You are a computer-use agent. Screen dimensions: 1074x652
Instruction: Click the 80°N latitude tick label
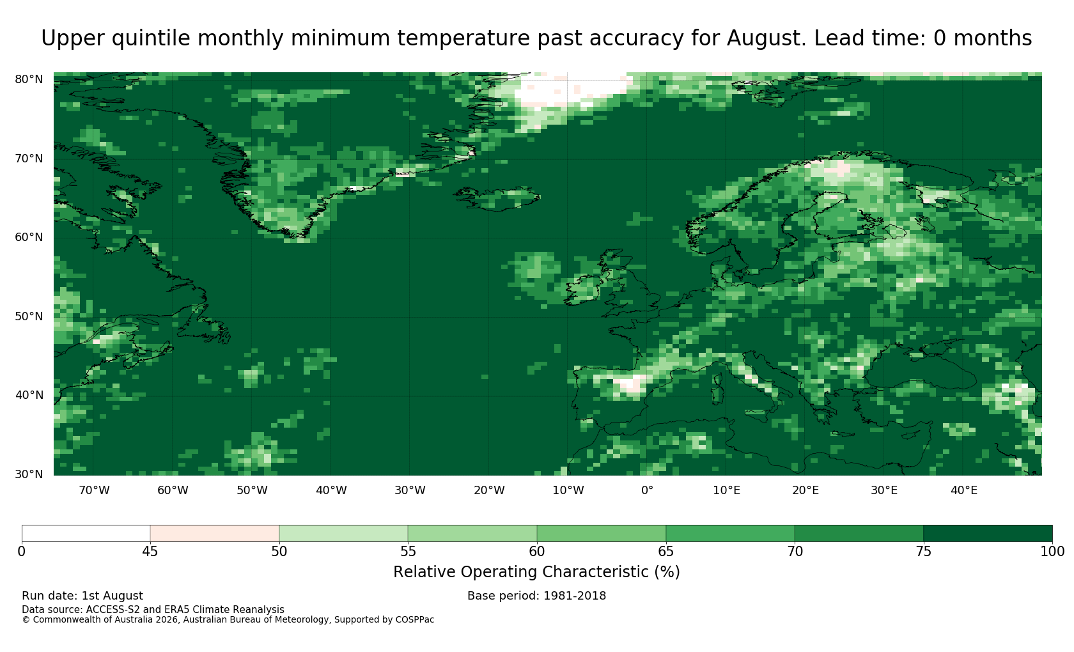(x=29, y=79)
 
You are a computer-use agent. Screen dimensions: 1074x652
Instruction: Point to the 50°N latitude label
(x=29, y=316)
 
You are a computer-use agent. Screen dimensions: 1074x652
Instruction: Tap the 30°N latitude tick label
(x=29, y=474)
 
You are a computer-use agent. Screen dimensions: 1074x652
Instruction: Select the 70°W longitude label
(x=95, y=490)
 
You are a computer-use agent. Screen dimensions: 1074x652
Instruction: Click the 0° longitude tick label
(x=647, y=490)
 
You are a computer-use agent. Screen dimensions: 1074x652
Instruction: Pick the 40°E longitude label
(x=964, y=490)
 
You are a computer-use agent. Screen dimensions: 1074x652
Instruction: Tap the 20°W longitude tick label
(x=490, y=490)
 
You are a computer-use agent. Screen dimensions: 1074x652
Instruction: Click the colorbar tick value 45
(x=150, y=552)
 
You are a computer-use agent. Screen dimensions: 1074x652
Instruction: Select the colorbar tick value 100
(x=1052, y=552)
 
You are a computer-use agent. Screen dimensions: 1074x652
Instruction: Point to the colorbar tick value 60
(x=537, y=552)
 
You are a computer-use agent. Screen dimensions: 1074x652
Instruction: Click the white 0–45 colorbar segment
(x=86, y=534)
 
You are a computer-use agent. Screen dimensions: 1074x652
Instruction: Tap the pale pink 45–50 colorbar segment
(x=215, y=534)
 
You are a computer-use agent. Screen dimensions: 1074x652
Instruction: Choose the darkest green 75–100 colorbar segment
(x=988, y=534)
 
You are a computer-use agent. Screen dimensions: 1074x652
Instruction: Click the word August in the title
(x=766, y=38)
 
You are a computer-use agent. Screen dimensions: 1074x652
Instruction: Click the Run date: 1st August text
(x=82, y=596)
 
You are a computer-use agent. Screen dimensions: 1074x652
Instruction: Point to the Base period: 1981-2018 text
(x=536, y=596)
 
